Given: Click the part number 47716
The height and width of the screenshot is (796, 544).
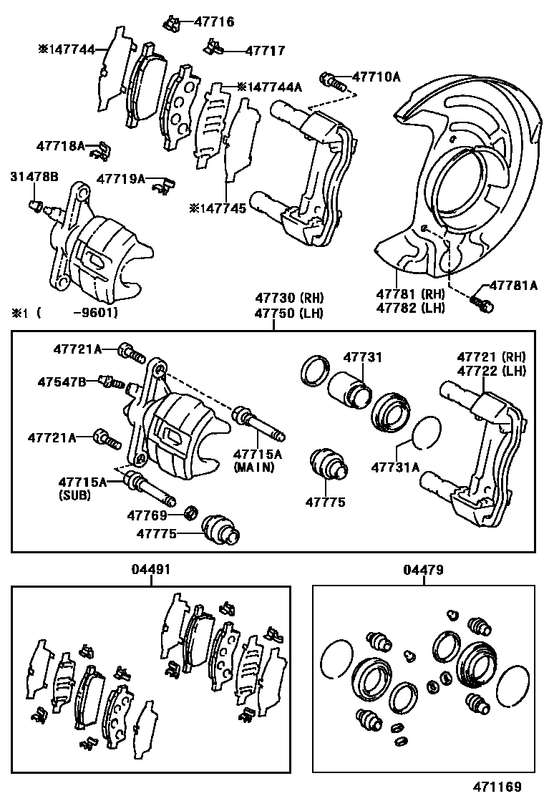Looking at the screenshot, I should [x=214, y=22].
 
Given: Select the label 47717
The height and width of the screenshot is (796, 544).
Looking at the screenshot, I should [x=265, y=51].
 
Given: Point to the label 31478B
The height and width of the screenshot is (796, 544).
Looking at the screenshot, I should [x=34, y=176].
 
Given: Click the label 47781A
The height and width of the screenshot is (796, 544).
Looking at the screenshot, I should [x=513, y=285].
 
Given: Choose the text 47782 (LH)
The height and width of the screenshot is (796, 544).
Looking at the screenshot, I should [x=412, y=308].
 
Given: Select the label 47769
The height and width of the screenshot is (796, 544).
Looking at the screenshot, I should [x=147, y=515].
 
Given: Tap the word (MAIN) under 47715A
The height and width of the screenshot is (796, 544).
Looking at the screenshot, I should [x=254, y=467].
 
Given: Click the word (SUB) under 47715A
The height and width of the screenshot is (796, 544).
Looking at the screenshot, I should [x=74, y=494].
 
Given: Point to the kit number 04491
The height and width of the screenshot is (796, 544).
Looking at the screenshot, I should [x=151, y=570].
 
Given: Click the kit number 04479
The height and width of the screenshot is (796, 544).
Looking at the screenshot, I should [x=423, y=570].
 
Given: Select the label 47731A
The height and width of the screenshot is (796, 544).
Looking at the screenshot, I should [x=395, y=469].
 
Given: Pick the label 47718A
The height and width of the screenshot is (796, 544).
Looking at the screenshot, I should [x=61, y=146].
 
